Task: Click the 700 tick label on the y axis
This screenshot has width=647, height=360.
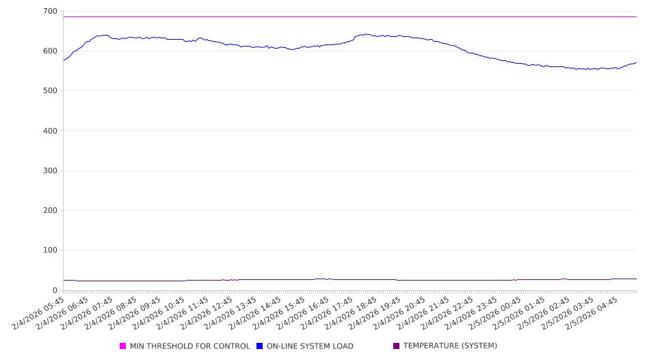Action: pos(49,12)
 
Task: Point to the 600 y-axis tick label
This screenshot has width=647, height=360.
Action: pos(49,51)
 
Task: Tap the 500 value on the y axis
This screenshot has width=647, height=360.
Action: pos(49,91)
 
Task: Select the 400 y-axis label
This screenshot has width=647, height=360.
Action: pos(49,131)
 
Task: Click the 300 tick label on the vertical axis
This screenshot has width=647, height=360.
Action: pos(49,171)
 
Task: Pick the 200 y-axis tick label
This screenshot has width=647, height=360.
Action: pos(49,211)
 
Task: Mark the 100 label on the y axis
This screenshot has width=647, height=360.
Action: pos(49,250)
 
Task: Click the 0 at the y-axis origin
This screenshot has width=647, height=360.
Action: pos(55,290)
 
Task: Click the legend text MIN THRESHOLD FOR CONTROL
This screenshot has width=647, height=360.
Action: pos(189,346)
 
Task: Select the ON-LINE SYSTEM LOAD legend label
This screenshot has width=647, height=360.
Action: pos(309,346)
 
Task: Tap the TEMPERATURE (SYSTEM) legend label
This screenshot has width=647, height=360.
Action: pos(450,346)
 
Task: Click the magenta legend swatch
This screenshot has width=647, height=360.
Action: pos(123,346)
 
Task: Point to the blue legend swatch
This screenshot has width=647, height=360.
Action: pos(260,346)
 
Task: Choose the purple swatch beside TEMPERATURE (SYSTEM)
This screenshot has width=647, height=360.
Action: pos(397,346)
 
